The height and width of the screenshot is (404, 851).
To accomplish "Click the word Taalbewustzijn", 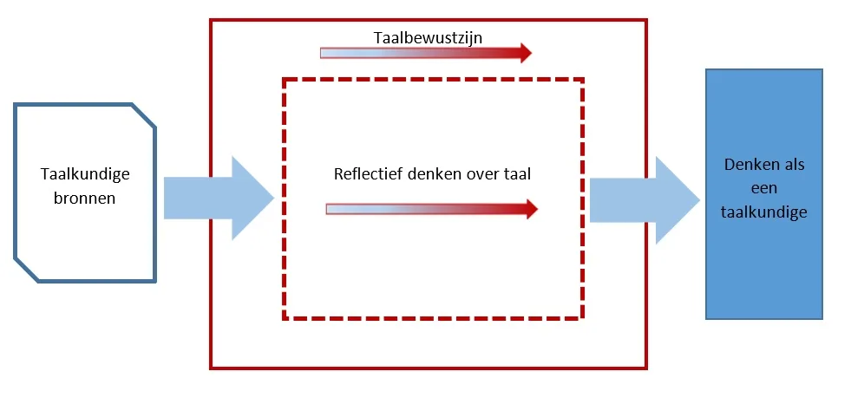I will pyautogui.click(x=427, y=38).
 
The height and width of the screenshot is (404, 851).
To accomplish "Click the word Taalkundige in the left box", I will pyautogui.click(x=85, y=174).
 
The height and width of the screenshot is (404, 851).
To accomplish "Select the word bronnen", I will pyautogui.click(x=85, y=198).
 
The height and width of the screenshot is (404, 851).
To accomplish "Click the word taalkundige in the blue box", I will pyautogui.click(x=763, y=212).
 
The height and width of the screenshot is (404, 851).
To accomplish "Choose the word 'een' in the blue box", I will pyautogui.click(x=764, y=188).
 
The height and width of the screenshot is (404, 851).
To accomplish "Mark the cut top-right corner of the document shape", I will pyautogui.click(x=145, y=115).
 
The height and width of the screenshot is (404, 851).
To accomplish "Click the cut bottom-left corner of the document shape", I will pyautogui.click(x=25, y=270).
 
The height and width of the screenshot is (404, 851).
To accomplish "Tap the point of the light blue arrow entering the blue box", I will pyautogui.click(x=697, y=199).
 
